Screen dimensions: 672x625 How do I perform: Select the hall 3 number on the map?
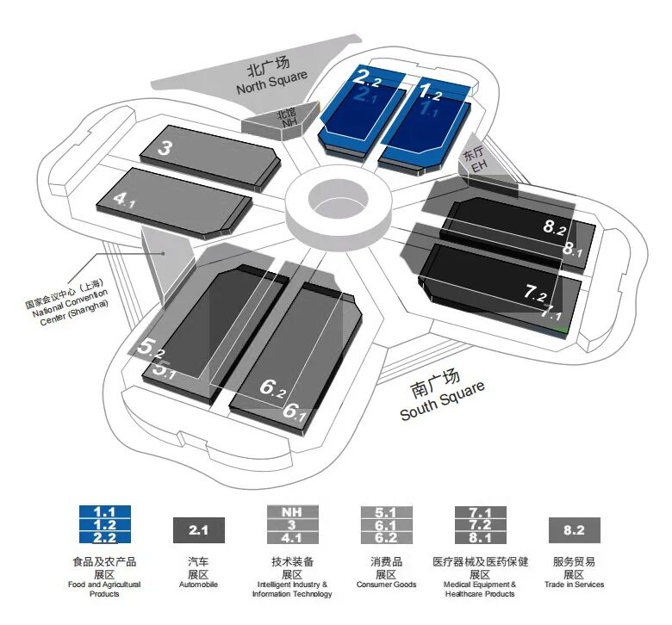166,148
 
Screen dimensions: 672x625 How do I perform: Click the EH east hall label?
476,160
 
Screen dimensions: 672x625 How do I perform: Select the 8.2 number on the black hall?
554,227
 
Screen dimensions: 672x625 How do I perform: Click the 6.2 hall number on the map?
272,387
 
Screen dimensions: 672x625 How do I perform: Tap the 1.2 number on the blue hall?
430,89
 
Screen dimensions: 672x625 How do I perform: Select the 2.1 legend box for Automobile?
199,530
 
